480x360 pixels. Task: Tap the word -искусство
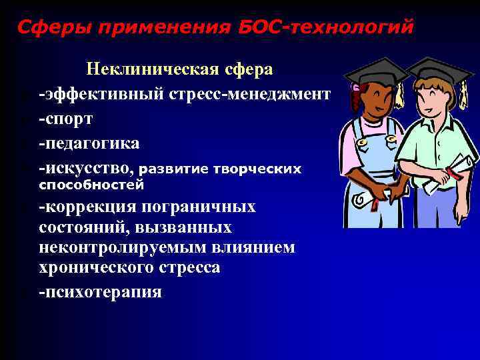pyautogui.click(x=89, y=168)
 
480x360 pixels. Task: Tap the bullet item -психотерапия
pyautogui.click(x=100, y=291)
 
